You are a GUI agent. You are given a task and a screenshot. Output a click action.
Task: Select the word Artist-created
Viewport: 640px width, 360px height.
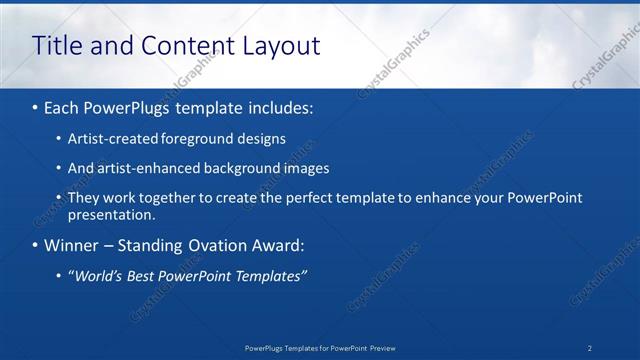click(111, 139)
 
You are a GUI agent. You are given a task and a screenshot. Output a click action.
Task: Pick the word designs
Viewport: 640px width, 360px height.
click(261, 139)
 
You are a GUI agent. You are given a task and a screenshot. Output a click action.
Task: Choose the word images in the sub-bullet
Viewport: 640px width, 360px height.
click(305, 169)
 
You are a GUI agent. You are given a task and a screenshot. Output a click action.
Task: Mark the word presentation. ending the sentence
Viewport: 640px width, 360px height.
click(111, 215)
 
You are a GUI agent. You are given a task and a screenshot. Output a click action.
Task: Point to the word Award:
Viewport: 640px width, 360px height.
click(283, 245)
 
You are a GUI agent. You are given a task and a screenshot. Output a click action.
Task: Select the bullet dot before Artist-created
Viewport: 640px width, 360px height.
click(59, 140)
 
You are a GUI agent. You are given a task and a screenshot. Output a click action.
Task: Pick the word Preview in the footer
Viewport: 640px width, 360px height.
click(382, 348)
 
